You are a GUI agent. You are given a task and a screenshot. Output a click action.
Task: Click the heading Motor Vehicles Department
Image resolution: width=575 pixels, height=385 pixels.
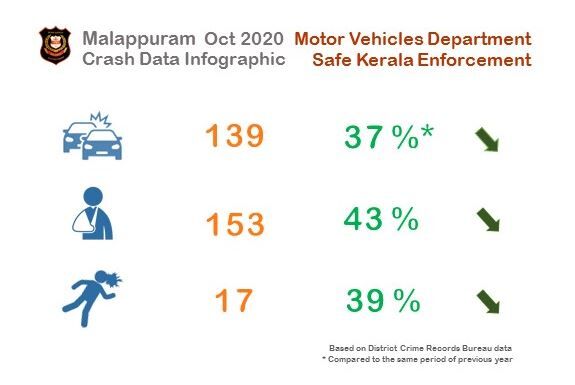412,39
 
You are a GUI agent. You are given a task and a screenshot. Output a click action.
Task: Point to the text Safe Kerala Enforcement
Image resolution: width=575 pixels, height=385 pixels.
421,60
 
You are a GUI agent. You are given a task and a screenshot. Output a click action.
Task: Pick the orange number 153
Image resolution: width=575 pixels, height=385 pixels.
235,224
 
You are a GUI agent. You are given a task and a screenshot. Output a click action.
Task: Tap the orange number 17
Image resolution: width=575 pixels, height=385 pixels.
235,300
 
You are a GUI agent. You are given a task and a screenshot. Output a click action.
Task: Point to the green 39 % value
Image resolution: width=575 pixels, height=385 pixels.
381,300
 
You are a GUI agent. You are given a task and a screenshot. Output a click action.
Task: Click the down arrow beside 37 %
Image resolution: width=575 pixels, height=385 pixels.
487,140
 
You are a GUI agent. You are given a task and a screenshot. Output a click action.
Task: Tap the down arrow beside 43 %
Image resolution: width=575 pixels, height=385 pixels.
487,220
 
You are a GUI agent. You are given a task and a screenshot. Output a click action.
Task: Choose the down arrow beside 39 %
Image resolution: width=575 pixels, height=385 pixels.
487,300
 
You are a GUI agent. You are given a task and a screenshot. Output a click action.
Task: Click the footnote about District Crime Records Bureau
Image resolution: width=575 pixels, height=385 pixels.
419,346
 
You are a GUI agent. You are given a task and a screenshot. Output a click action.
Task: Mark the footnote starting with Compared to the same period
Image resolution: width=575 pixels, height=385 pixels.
417,358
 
